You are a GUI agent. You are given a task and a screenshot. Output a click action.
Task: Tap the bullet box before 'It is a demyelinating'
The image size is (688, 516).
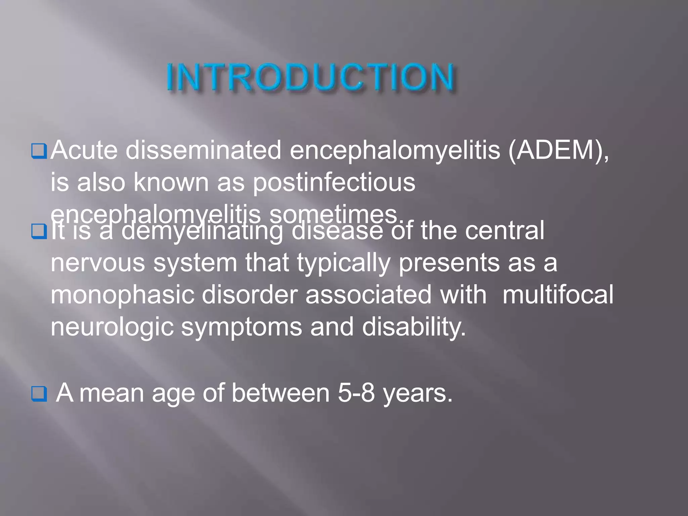39,231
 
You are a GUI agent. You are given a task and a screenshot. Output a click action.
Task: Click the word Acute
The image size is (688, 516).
84,150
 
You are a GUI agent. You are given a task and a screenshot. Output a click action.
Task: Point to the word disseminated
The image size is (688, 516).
203,150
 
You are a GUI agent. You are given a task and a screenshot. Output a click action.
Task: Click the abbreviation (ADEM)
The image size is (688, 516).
558,150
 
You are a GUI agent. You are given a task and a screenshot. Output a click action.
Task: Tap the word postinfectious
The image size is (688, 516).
334,183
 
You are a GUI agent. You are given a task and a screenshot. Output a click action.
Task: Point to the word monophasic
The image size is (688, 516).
122,295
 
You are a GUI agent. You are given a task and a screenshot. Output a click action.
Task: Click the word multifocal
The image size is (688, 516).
558,295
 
